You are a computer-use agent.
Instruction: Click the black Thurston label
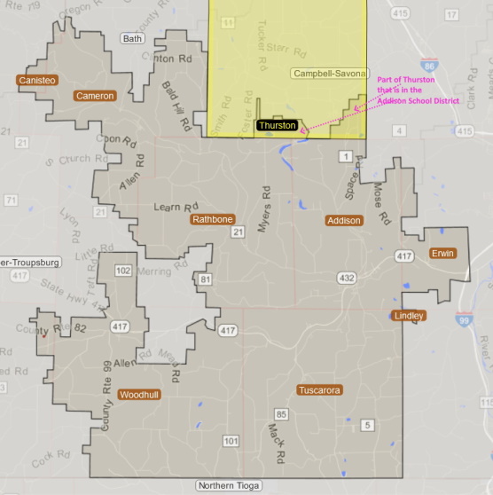278,126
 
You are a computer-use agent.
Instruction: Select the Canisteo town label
37,81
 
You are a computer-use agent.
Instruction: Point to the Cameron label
95,96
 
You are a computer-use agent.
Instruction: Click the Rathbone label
213,219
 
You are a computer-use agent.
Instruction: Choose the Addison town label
344,220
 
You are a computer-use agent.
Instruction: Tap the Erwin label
442,254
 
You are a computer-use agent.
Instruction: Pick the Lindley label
408,316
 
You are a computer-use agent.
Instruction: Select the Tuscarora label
320,390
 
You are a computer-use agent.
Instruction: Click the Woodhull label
140,394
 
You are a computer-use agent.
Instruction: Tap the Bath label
133,39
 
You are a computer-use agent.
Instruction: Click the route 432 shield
347,279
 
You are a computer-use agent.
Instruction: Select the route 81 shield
207,280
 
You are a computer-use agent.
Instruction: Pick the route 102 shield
124,271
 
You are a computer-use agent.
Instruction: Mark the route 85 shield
282,414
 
